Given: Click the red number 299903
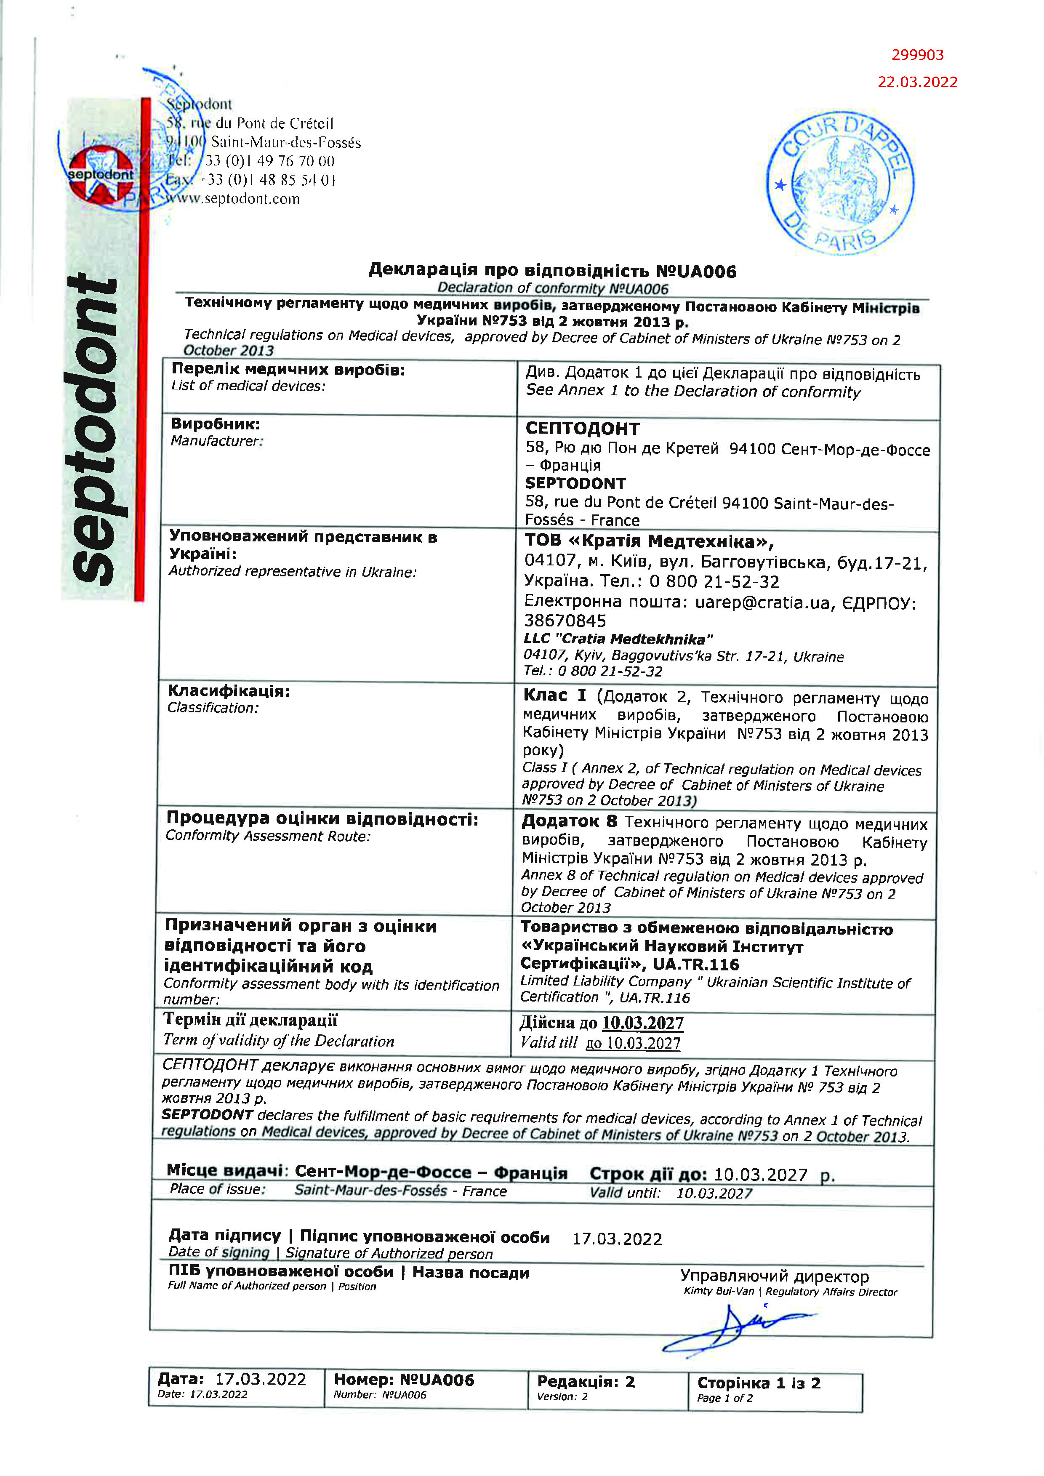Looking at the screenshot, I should [917, 55].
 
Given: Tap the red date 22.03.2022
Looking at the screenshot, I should [917, 82].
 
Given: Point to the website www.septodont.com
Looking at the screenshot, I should [233, 199].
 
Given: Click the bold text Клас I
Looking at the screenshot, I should [554, 695].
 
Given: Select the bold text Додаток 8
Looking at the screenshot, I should [569, 821].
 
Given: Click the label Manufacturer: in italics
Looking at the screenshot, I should [217, 441].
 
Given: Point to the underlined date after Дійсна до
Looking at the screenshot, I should [642, 1022].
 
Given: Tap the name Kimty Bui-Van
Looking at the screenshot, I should [718, 1292].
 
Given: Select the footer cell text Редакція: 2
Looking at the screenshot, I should [586, 1382].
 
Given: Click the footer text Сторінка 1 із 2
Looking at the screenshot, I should [759, 1383].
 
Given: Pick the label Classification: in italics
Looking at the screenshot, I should [213, 708].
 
